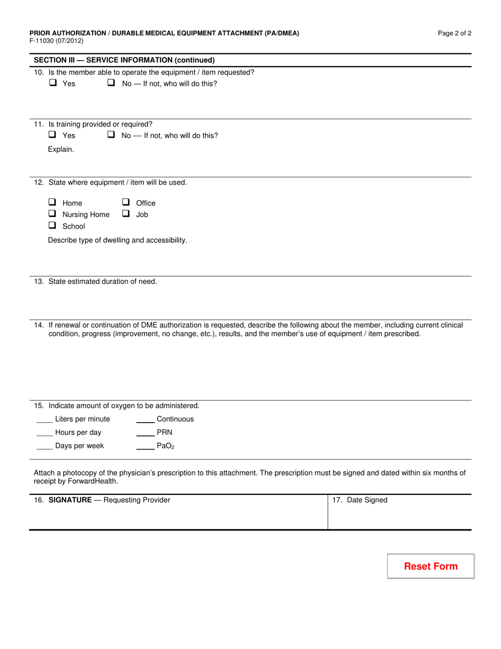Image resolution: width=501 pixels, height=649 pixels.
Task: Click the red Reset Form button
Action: (431, 566)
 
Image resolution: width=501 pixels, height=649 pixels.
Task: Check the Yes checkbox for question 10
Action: (53, 83)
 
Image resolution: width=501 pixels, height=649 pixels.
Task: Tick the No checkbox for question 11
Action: (111, 135)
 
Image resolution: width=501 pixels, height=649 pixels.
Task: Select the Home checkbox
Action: (53, 202)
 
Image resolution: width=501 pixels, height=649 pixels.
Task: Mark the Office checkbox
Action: (126, 202)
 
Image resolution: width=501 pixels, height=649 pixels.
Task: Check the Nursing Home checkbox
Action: (53, 214)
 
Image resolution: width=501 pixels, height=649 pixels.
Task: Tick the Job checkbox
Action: (126, 214)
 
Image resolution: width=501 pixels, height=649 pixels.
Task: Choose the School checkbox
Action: (53, 225)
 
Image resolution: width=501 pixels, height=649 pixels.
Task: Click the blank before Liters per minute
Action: (44, 421)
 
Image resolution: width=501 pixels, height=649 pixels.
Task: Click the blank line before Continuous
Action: (145, 421)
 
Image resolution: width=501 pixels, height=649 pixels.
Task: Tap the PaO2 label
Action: (165, 446)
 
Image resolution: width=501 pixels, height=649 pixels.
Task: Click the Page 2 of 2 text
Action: (455, 33)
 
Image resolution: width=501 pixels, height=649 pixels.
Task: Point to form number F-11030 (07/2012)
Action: (56, 41)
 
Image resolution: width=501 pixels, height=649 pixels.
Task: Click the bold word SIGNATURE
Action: (70, 500)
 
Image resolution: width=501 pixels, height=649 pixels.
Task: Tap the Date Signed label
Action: (367, 500)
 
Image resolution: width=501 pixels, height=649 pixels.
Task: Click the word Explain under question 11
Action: (61, 149)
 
